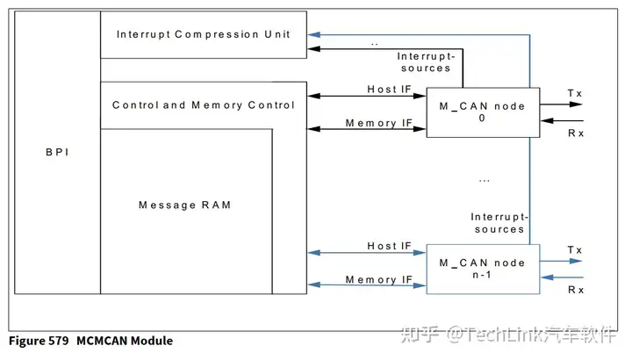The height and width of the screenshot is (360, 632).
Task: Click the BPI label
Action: pyautogui.click(x=57, y=152)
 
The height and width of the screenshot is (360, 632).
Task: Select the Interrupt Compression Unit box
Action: pyautogui.click(x=204, y=34)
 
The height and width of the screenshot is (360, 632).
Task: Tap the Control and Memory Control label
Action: pyautogui.click(x=204, y=105)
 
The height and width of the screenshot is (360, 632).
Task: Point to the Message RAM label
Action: pyautogui.click(x=184, y=205)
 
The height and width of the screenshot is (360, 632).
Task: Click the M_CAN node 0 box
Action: pyautogui.click(x=482, y=112)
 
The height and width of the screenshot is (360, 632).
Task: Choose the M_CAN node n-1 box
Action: pyautogui.click(x=482, y=269)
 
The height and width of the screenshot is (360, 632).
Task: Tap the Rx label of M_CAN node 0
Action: pyautogui.click(x=576, y=133)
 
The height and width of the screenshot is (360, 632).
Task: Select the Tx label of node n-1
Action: pyautogui.click(x=574, y=250)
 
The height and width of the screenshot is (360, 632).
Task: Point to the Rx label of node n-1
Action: pyautogui.click(x=576, y=290)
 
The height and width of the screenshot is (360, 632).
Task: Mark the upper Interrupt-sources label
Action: pyautogui.click(x=423, y=62)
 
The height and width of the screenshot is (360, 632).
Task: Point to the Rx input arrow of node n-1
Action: pyautogui.click(x=562, y=278)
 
